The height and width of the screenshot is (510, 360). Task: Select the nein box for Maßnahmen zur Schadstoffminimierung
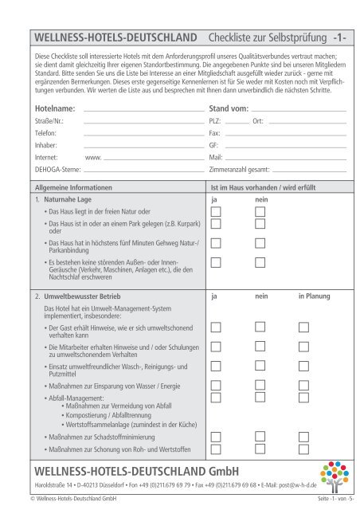point(260,437)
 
